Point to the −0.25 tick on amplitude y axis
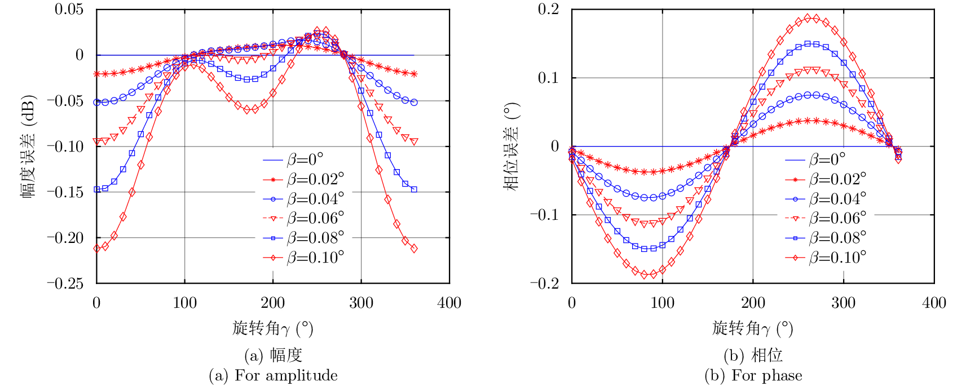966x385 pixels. point(65,284)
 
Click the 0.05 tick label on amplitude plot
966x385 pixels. point(69,9)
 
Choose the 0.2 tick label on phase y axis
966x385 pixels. point(548,9)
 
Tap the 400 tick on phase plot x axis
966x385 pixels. point(934,303)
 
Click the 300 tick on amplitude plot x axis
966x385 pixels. point(361,303)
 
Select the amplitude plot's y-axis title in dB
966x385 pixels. point(29,146)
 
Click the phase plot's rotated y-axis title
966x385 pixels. point(511,146)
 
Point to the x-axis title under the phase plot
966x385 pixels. point(752,328)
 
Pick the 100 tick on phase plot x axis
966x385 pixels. point(662,303)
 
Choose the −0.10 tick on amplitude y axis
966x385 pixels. point(65,147)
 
